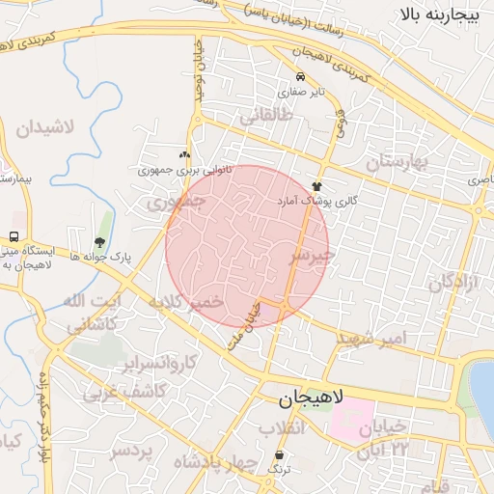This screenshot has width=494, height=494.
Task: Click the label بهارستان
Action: pos(396,161)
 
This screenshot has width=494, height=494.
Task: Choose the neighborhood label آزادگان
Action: pos(454,283)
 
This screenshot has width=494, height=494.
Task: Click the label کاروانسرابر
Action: pos(160,364)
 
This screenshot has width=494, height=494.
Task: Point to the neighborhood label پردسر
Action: pos(130,452)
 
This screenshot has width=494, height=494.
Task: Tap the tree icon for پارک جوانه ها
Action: pos(99,242)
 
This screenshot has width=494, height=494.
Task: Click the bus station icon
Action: pos(14,236)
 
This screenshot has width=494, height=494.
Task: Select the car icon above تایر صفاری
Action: pos(301,77)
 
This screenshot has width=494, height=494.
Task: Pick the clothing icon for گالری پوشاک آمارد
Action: pos(317,185)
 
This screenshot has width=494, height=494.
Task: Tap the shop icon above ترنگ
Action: pos(280,454)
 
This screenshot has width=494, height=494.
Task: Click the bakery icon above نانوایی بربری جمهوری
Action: pos(184,154)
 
